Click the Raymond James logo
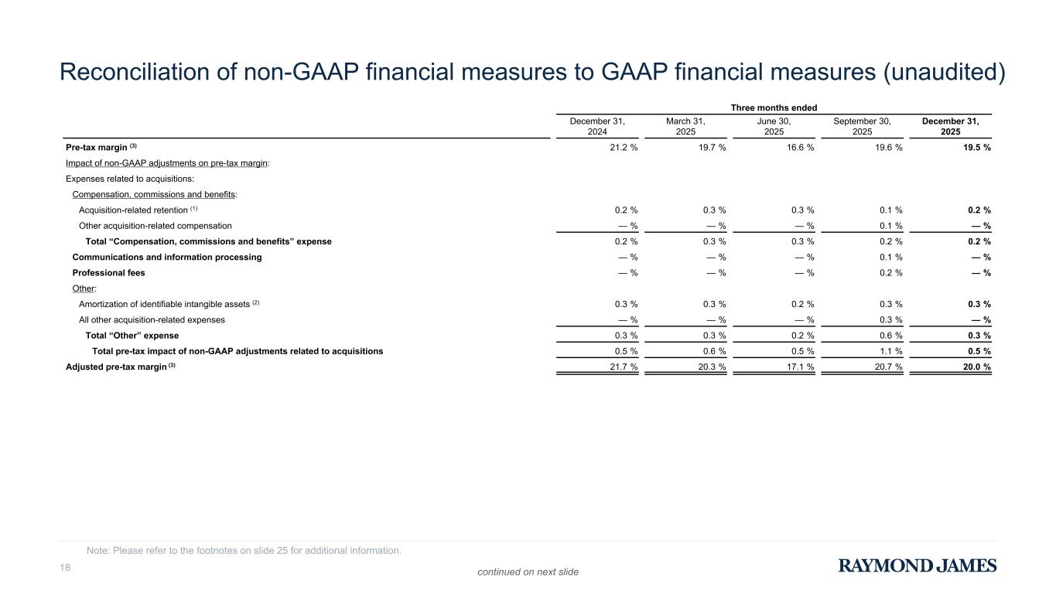[918, 565]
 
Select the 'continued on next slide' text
[528, 572]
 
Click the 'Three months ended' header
[774, 107]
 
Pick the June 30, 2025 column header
[774, 127]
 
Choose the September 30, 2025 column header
[862, 127]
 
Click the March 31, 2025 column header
[685, 127]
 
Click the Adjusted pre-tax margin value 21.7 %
[620, 367]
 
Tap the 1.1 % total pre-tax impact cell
[885, 351]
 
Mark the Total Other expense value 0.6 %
[885, 336]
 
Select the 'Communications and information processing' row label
[166, 257]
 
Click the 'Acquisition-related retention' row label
[133, 210]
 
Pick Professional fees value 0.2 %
[885, 272]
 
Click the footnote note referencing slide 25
[244, 551]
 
